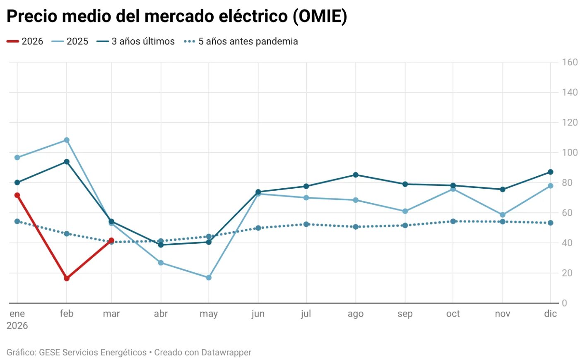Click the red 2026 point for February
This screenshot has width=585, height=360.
coord(67,278)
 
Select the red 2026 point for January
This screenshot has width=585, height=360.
coord(17,195)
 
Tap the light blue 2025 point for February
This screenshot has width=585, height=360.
coord(67,140)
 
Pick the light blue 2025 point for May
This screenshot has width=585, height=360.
coord(209,278)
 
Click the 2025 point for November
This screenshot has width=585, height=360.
coord(503,215)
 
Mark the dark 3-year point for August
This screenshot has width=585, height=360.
coord(356,175)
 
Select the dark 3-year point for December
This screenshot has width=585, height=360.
coord(550,172)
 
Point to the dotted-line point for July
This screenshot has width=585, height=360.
coord(306,224)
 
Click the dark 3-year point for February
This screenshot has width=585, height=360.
coord(67,162)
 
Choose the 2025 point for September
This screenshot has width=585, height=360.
coord(405,211)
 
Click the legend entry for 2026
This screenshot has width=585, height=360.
coord(25,41)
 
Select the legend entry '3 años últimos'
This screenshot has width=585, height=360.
coord(136,41)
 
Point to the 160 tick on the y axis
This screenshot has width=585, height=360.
coord(569,62)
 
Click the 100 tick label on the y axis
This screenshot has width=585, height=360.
coord(569,153)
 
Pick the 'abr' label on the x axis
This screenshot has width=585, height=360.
coord(161,314)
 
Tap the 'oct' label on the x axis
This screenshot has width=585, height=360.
coord(453,314)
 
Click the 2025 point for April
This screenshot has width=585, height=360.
coord(161,263)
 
